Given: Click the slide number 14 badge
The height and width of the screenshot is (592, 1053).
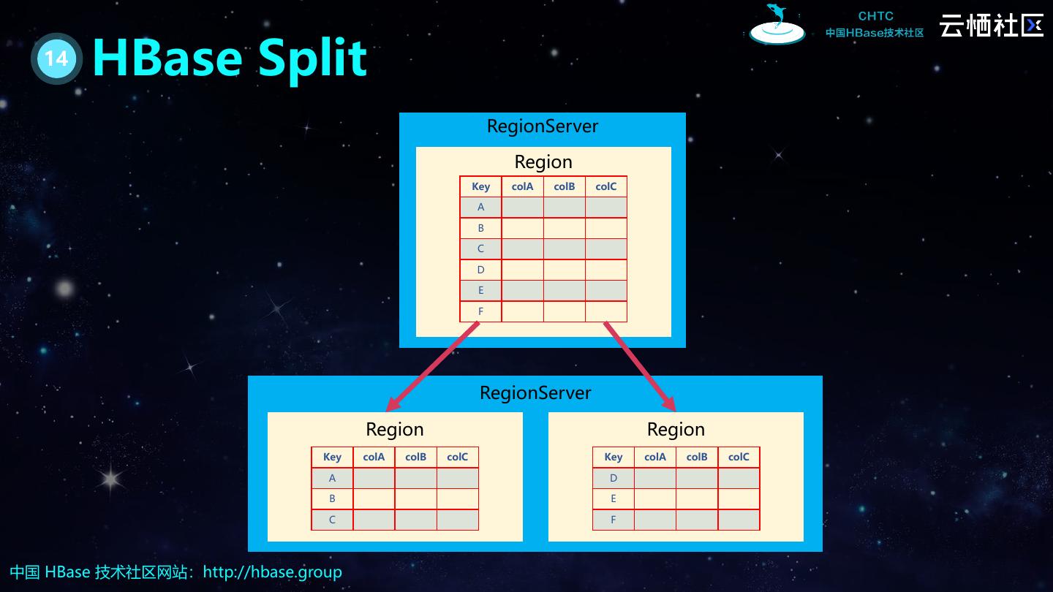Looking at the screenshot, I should click(x=56, y=58).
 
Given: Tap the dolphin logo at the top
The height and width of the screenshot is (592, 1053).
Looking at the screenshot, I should click(x=777, y=24).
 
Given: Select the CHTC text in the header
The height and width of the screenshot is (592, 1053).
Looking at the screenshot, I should click(x=875, y=16).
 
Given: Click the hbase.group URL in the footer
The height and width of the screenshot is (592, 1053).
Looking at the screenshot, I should click(x=272, y=572).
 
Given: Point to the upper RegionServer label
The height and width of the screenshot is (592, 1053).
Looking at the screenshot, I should click(x=543, y=126).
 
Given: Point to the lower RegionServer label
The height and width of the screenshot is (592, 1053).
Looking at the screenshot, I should click(x=535, y=393).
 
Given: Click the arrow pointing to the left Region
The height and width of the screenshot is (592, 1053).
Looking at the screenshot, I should click(x=432, y=367).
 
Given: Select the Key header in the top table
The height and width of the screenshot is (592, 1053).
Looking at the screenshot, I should click(x=480, y=186).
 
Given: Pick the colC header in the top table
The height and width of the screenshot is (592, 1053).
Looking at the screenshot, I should click(x=606, y=186).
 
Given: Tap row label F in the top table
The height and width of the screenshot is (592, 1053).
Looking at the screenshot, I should click(x=480, y=311).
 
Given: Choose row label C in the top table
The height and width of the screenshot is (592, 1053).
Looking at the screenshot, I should click(x=480, y=248).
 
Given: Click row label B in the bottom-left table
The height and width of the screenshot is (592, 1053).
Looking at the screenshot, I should click(x=332, y=498).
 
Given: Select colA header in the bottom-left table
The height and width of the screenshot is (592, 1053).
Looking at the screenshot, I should click(x=374, y=457).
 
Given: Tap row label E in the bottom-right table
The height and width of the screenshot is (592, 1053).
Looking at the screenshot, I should click(x=614, y=498).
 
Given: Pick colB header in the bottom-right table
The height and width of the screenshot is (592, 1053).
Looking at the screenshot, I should click(x=697, y=457).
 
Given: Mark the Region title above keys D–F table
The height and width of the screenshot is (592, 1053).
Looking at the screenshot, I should click(x=676, y=429).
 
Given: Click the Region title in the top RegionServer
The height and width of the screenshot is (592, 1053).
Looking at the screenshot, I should click(x=543, y=162).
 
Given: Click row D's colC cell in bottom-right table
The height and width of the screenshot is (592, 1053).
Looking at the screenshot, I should click(x=739, y=478).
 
